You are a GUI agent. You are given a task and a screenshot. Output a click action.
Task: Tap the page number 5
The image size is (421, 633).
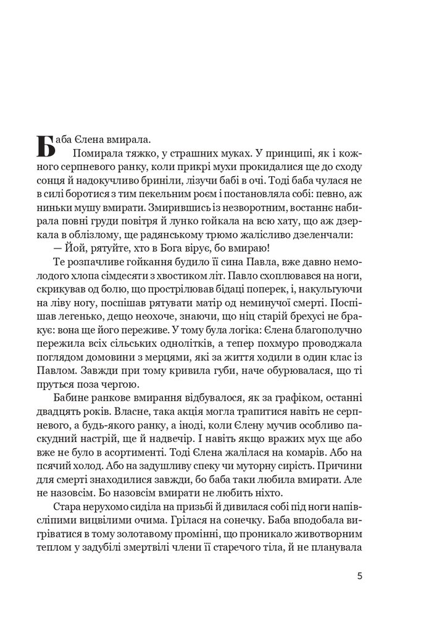[x=360, y=576]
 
